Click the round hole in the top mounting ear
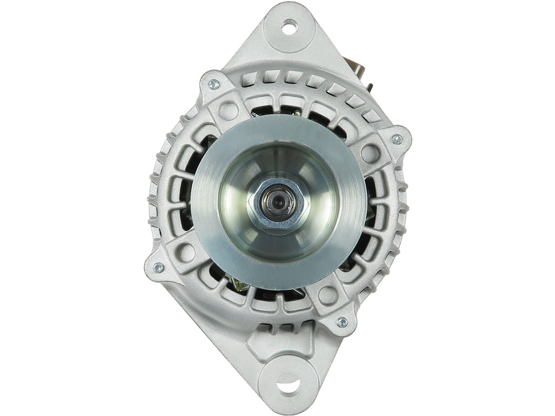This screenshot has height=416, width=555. pyautogui.click(x=289, y=27)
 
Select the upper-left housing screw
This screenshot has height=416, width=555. pyautogui.click(x=214, y=84)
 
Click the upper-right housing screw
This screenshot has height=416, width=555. pyautogui.click(x=397, y=139)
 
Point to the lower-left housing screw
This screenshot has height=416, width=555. pyautogui.click(x=159, y=267)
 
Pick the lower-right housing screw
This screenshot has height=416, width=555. pyautogui.click(x=342, y=322)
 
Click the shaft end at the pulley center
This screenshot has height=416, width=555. pyautogui.click(x=278, y=202)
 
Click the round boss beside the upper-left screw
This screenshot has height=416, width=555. pyautogui.click(x=229, y=110)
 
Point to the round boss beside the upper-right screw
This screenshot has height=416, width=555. pyautogui.click(x=370, y=153)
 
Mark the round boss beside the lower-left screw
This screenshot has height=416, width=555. pyautogui.click(x=186, y=252)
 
